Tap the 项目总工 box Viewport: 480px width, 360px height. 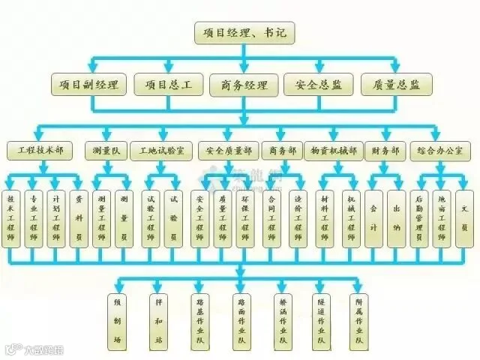coord(167,84)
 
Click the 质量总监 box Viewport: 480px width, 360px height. coord(391,84)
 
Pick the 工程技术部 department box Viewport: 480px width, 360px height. coord(40,151)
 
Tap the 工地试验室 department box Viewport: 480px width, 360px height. coord(160,151)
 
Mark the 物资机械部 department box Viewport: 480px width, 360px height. coord(334,151)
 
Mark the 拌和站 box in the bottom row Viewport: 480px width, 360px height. coord(158,319)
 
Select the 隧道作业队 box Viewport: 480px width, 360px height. coord(320,319)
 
